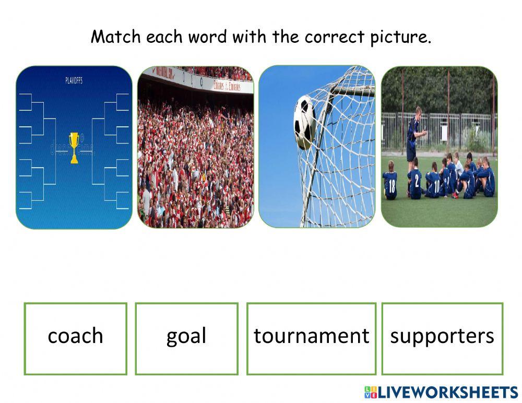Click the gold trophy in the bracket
pos(74,147)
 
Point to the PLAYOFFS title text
pos(74,81)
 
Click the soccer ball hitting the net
pos(304,121)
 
